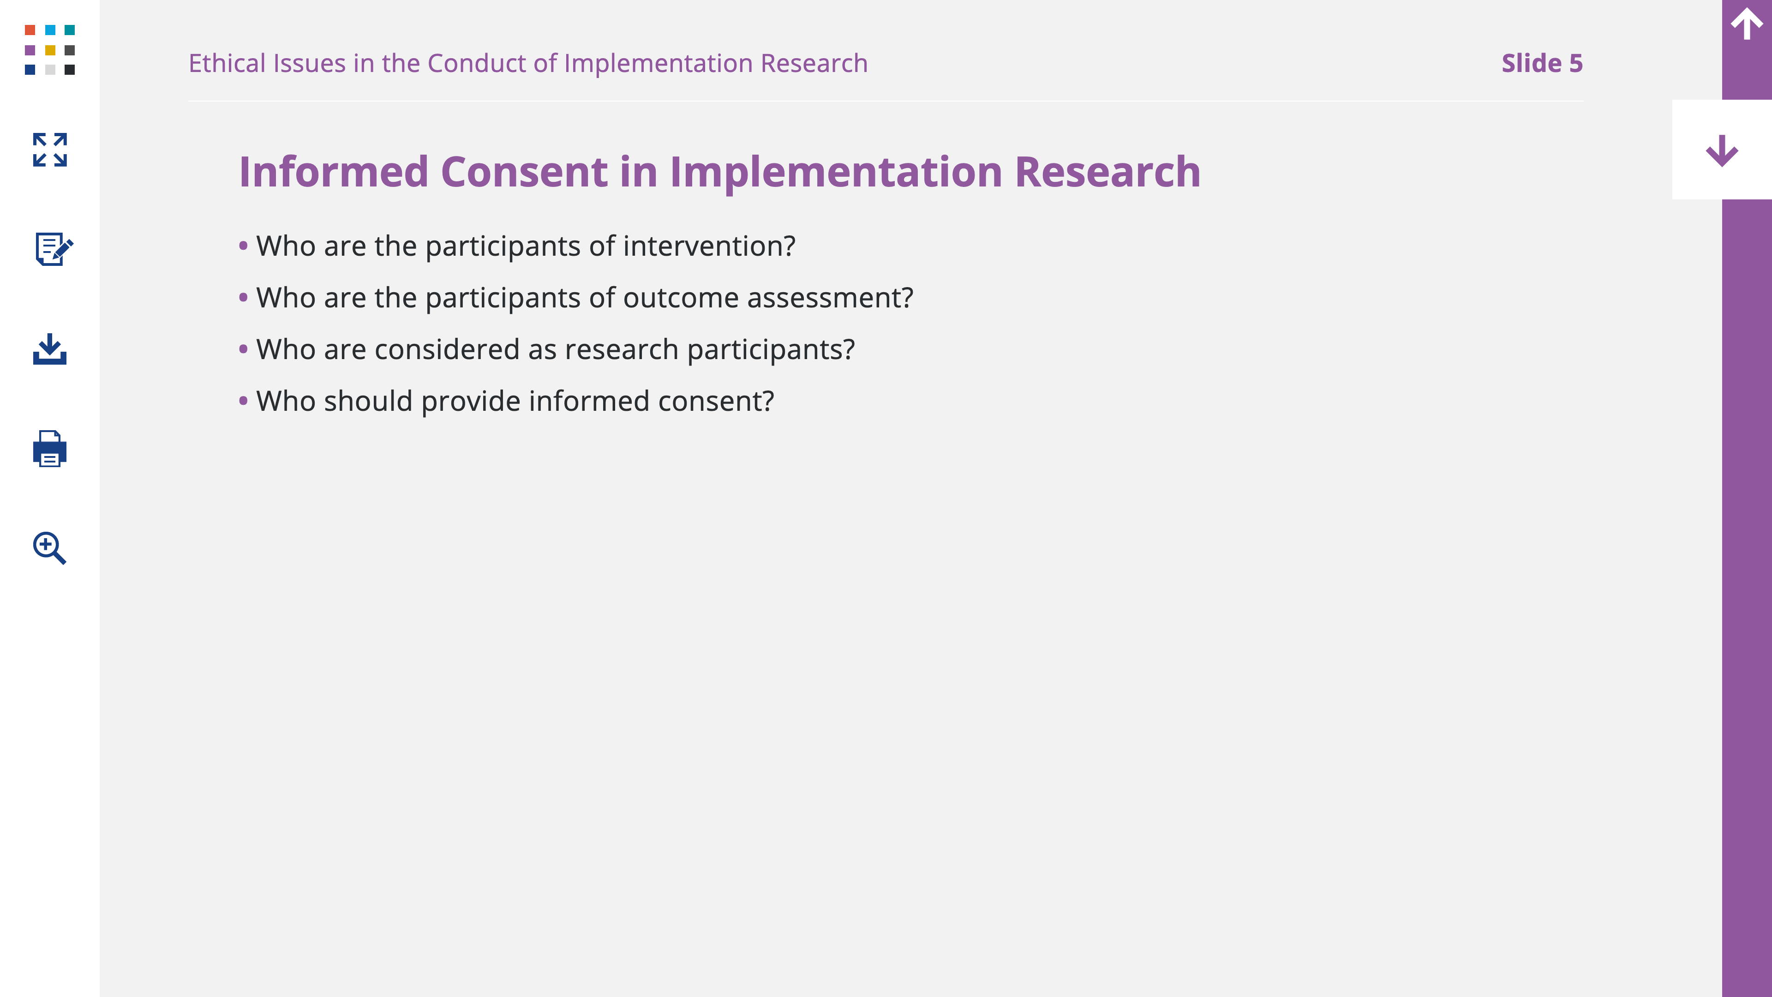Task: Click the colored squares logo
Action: tap(49, 49)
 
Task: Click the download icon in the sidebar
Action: tap(49, 349)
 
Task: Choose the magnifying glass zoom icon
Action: tap(49, 548)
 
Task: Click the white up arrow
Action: tap(1747, 24)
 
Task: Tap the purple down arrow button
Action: tap(1722, 150)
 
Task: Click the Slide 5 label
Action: tap(1542, 63)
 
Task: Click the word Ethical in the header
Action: tap(227, 63)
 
